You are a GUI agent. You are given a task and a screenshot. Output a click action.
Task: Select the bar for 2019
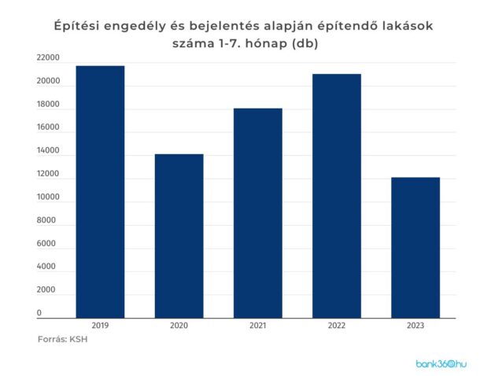(100, 191)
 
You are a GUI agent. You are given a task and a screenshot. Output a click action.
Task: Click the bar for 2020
(179, 236)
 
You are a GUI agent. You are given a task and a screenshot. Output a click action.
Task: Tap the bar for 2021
(257, 212)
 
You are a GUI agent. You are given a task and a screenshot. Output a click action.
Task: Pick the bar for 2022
(336, 196)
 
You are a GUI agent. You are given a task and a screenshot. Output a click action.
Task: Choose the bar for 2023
(415, 248)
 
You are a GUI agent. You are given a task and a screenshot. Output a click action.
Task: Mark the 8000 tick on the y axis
(46, 221)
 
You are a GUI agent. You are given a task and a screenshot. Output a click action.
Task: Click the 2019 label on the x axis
(100, 325)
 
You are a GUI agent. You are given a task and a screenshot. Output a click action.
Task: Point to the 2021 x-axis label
(257, 325)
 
